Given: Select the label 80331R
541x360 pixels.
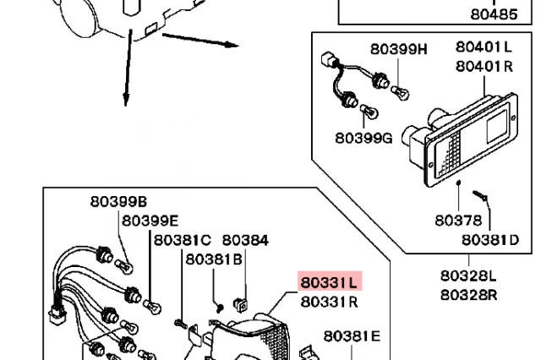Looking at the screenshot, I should coord(330,301).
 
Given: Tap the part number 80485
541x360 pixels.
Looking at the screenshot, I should coord(494,14).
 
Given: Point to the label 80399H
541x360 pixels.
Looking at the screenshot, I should coord(399,48).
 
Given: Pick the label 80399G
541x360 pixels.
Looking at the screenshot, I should coord(363,138).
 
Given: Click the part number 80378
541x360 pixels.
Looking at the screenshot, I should coord(458,221).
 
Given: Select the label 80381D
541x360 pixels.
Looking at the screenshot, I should coord(490,239).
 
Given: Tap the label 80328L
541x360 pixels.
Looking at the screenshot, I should coord(467,275).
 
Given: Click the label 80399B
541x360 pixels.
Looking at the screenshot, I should coord(119,201).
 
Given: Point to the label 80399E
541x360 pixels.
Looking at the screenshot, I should coord(150,221).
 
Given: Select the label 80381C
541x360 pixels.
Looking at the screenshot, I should coord(182,240).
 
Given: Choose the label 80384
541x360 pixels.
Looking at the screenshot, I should coord(245,240).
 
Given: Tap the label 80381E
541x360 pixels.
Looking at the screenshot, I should coord(352,336).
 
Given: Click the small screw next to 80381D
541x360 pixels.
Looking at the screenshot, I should coord(480,199).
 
